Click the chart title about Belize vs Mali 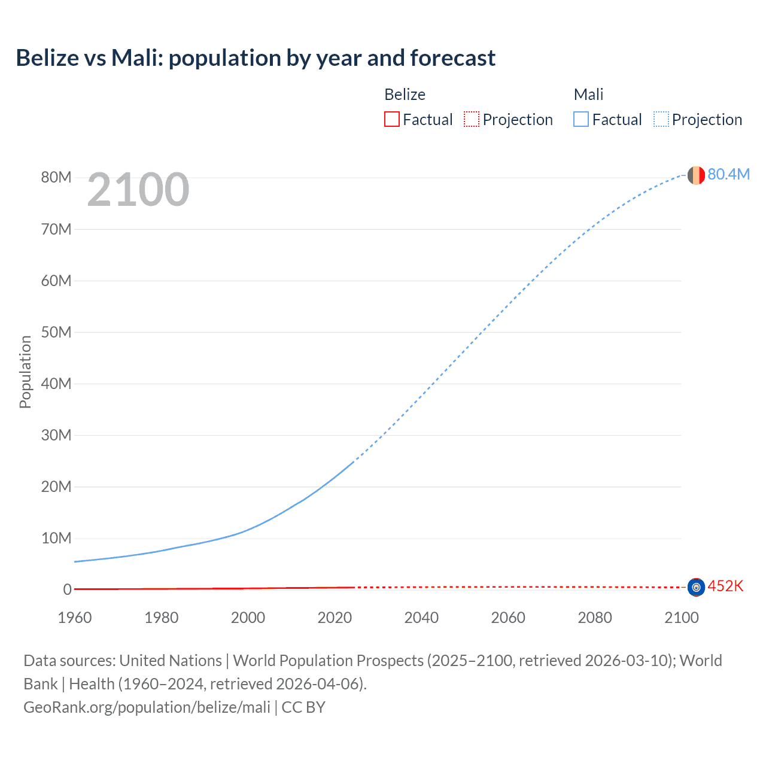(256, 58)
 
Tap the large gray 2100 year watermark (138, 190)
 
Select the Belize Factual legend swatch (391, 120)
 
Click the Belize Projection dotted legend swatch (472, 120)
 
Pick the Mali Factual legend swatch (581, 120)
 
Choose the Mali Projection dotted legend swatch (661, 120)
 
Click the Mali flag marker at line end (696, 175)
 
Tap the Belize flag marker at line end (696, 588)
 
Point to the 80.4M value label (728, 174)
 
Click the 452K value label (725, 586)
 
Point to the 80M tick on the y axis (56, 178)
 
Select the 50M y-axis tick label (56, 332)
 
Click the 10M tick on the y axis (56, 539)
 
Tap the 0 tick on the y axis (67, 590)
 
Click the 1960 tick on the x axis (75, 618)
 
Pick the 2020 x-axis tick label (335, 618)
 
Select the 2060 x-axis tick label (508, 618)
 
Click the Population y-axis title (25, 372)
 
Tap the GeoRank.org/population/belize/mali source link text (147, 707)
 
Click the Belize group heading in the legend (405, 95)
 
